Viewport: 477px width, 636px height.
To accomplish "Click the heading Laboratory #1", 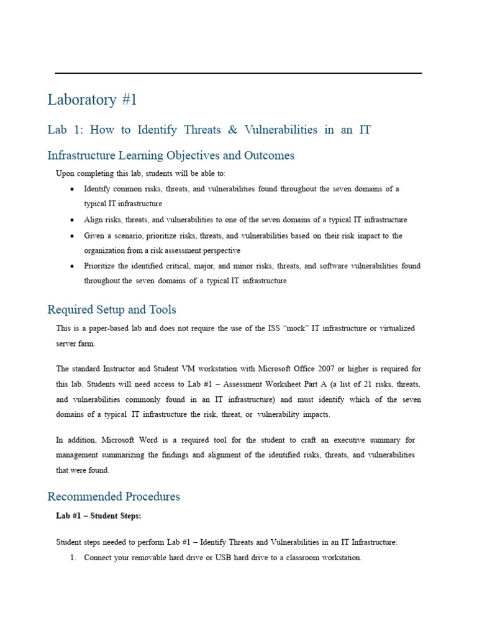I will [92, 100].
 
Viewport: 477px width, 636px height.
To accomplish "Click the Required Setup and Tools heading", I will [112, 309].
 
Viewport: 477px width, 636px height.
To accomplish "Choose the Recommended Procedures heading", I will [114, 496].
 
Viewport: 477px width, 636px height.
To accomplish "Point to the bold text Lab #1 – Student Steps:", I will [99, 516].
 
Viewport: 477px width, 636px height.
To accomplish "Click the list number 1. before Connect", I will [73, 558].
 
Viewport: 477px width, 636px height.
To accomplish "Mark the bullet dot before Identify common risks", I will [73, 189].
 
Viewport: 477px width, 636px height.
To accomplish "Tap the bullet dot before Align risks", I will [73, 220].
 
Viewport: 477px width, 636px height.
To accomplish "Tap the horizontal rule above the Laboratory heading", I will [238, 73].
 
